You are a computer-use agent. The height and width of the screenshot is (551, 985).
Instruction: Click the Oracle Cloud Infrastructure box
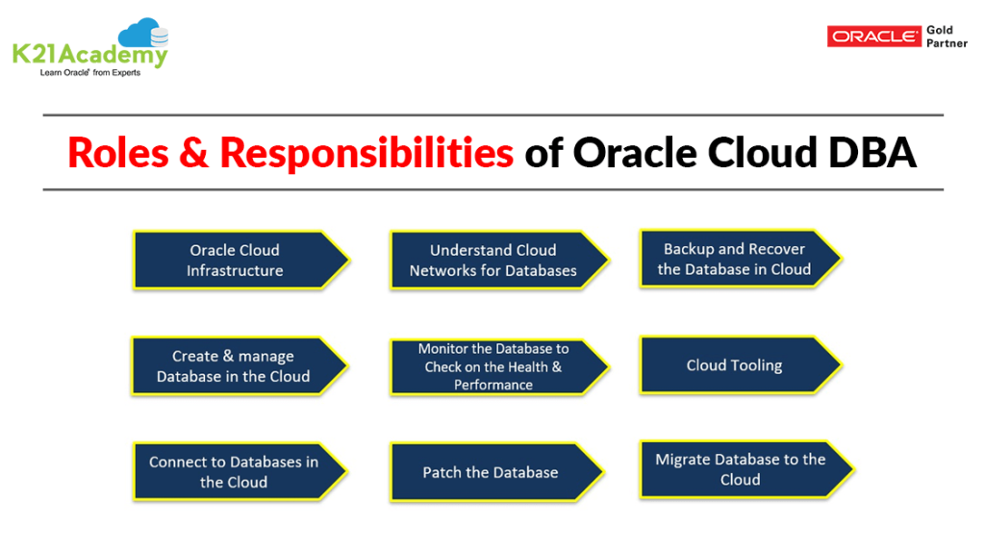[236, 261]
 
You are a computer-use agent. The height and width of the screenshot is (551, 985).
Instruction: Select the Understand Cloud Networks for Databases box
[493, 261]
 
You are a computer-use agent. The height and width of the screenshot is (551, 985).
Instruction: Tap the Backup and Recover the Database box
[734, 260]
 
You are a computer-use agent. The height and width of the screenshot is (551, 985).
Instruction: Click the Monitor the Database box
[493, 366]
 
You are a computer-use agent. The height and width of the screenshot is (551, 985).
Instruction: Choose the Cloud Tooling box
[734, 365]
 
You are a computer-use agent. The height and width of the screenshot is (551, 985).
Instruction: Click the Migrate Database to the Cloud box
[740, 469]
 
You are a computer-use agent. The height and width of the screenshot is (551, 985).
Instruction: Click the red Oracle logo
[873, 37]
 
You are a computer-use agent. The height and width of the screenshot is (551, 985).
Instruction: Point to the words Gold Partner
[947, 37]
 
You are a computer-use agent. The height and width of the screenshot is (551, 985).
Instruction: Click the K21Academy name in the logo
[89, 55]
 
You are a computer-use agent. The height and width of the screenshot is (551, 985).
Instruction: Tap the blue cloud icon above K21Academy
[142, 35]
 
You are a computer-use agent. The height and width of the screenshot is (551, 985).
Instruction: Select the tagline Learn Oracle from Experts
[89, 73]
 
